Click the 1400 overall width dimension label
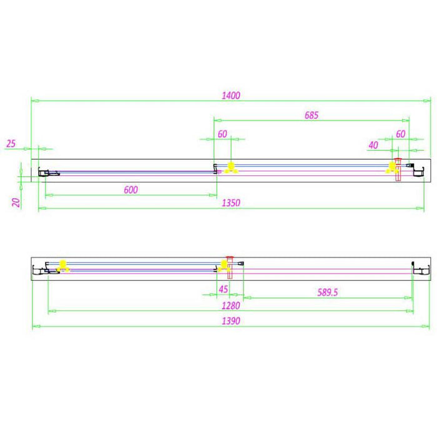tap(231, 96)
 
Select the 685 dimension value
tap(312, 115)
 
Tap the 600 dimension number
tap(130, 190)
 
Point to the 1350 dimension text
tap(231, 203)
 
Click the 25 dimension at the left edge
tap(11, 144)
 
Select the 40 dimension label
tap(373, 145)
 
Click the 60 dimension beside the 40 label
tap(401, 134)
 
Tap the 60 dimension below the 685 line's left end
tap(222, 134)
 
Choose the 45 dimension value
tap(223, 289)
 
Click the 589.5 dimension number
tap(327, 292)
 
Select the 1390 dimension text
tap(231, 320)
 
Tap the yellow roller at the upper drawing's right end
tap(391, 167)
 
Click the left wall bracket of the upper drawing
tap(44, 172)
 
